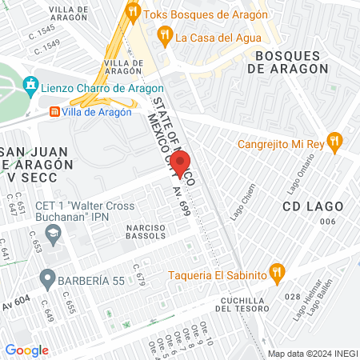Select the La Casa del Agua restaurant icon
(x=165, y=34)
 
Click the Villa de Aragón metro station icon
(x=54, y=113)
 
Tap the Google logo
(x=26, y=350)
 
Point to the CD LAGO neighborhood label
(x=313, y=206)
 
